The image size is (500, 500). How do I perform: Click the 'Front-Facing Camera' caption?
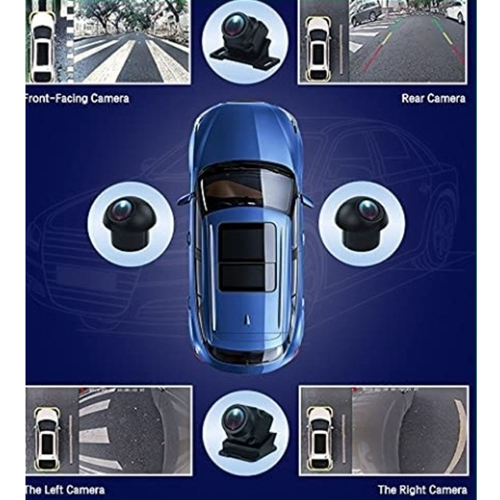click(77, 99)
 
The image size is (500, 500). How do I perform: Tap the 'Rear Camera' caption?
click(433, 98)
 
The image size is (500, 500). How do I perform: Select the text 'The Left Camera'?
click(65, 483)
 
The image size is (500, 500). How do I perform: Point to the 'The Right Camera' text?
click(423, 483)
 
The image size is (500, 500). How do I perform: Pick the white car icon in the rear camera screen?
click(318, 48)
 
